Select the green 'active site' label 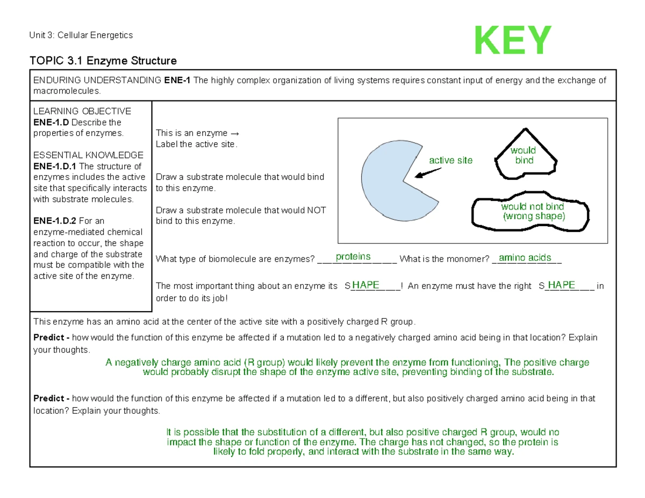tap(450, 160)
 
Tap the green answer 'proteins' tap(353, 257)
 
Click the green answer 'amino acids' tap(525, 258)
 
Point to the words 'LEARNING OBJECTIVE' tap(82, 111)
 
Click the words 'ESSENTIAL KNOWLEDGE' tap(88, 155)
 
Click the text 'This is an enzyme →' tap(196, 133)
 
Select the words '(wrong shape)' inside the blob tap(534, 217)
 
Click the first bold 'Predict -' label tap(51, 338)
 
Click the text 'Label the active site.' tap(196, 144)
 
